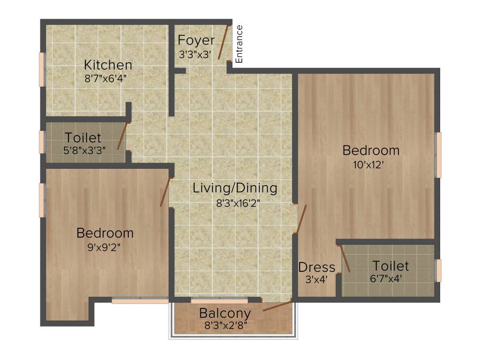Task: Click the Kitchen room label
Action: pos(107,65)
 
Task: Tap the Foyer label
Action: pos(197,40)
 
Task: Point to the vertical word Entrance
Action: pos(239,44)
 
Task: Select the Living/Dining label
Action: pos(235,188)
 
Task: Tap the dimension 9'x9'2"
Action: pos(105,248)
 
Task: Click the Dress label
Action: pos(317,267)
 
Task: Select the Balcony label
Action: pos(225,313)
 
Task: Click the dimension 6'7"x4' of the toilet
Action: pos(386,278)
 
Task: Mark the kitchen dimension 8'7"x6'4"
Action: pos(106,78)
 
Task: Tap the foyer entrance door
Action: pos(223,42)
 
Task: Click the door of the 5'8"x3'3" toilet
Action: pos(122,136)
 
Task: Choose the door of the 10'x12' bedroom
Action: pos(300,219)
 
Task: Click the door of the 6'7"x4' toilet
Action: pos(345,258)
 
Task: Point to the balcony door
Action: pos(277,306)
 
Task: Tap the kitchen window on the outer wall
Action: pos(42,69)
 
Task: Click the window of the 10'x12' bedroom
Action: pos(439,155)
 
